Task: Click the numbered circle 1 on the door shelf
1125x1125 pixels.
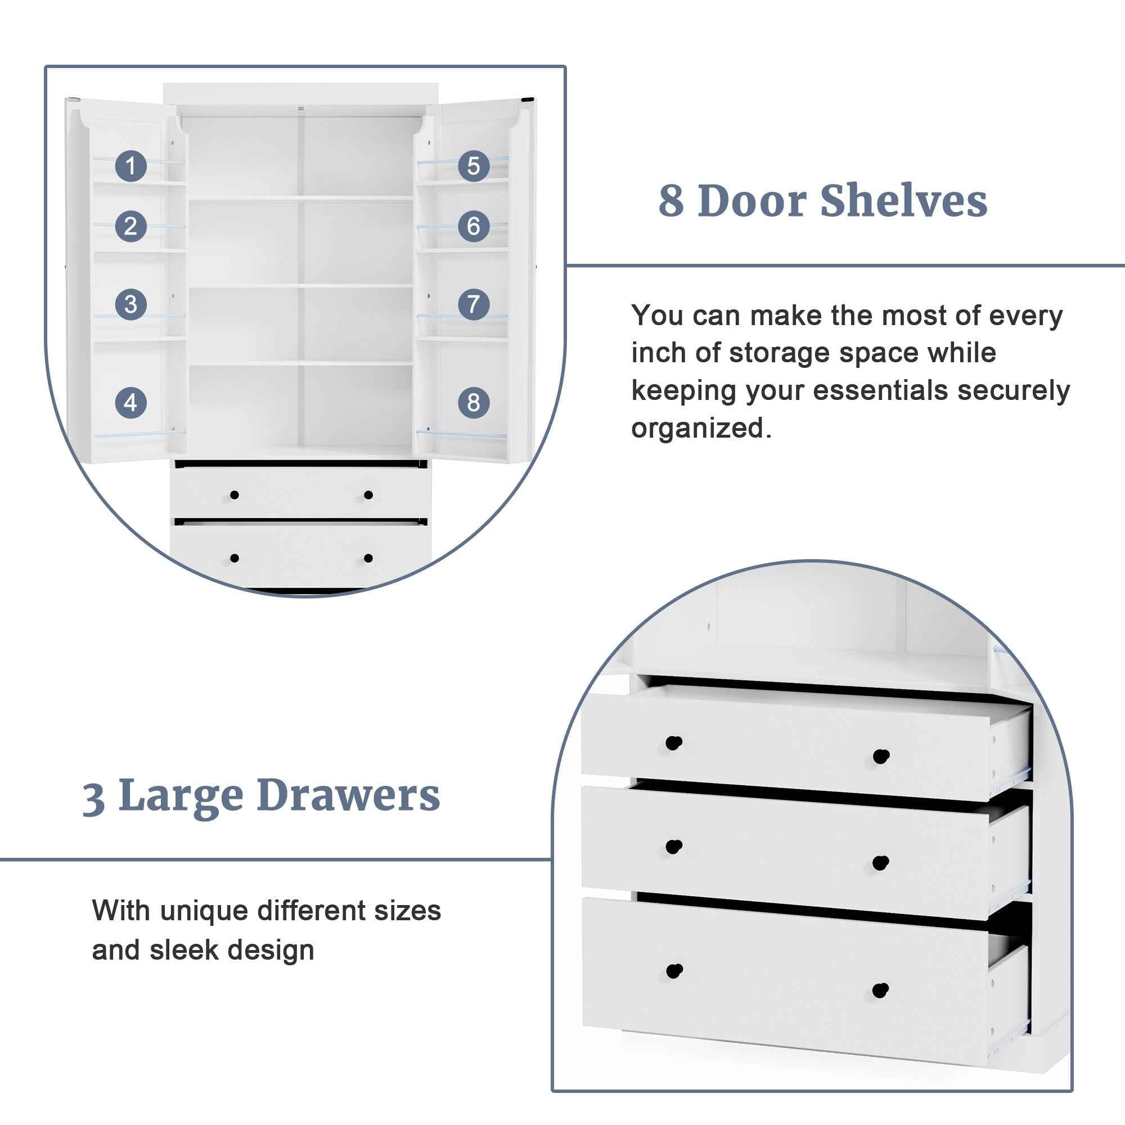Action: (x=130, y=166)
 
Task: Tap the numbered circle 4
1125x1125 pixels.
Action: (x=130, y=402)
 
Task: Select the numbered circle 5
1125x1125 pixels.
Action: (x=474, y=166)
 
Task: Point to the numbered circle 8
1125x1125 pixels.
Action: (x=474, y=402)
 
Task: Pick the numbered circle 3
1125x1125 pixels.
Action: (x=130, y=304)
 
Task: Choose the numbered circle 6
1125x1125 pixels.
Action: (x=474, y=226)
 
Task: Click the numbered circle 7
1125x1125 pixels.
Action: (x=474, y=304)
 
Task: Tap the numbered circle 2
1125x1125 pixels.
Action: (x=130, y=226)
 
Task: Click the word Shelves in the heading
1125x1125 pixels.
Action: (x=904, y=201)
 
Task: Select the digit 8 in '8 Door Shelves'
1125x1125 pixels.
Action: (x=672, y=201)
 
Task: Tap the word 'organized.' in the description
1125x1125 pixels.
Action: (x=701, y=429)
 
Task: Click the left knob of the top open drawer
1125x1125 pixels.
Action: (x=674, y=743)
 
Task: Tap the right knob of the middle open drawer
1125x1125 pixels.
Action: (x=880, y=862)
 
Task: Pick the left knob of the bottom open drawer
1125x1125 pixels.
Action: (x=674, y=971)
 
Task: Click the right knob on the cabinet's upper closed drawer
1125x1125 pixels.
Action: (x=368, y=495)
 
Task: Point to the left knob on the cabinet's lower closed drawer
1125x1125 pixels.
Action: (x=234, y=559)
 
